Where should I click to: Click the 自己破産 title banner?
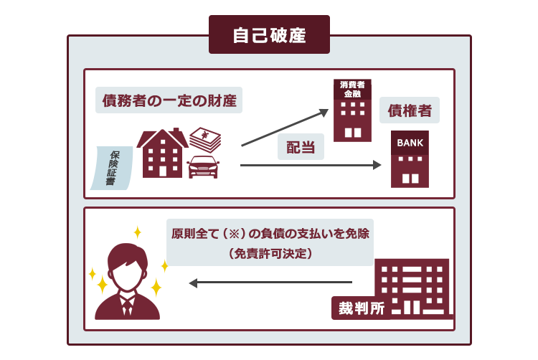point(269,34)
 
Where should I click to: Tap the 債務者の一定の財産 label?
point(169,100)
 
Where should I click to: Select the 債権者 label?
point(410,110)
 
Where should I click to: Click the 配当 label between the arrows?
point(301,147)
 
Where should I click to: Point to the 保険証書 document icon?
point(111,168)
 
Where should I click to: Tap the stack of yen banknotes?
point(205,140)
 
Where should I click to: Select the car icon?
point(203,167)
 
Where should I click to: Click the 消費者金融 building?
point(352,110)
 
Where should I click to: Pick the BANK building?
point(410,159)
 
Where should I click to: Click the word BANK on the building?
point(410,143)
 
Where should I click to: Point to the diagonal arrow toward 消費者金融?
point(285,128)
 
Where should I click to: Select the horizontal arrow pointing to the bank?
point(311,165)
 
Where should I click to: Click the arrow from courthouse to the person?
point(270,283)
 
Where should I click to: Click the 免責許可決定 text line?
point(270,254)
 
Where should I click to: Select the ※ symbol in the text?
point(234,234)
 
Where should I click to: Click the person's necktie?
point(127,306)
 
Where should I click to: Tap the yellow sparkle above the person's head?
point(138,232)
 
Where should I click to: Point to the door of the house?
point(163,171)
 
